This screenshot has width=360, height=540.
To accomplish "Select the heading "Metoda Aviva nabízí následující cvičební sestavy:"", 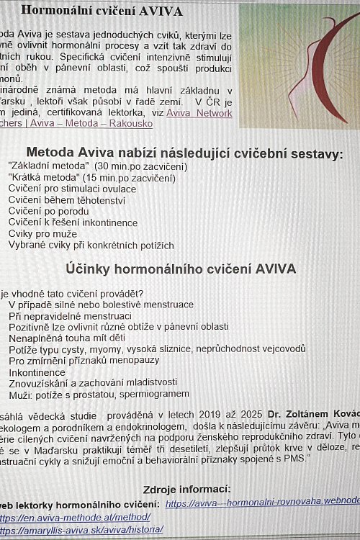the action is (184, 153).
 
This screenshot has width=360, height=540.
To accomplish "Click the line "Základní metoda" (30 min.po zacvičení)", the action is (97, 166).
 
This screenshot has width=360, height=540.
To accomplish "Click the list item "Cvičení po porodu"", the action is (48, 212).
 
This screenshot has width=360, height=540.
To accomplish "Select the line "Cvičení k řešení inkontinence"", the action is (73, 222).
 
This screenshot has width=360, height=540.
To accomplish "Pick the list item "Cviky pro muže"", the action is (42, 234).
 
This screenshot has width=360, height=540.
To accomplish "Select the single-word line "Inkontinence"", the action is (37, 372).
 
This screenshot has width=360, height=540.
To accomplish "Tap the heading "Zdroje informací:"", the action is (186, 489).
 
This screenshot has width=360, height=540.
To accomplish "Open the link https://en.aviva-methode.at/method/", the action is (75, 517).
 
